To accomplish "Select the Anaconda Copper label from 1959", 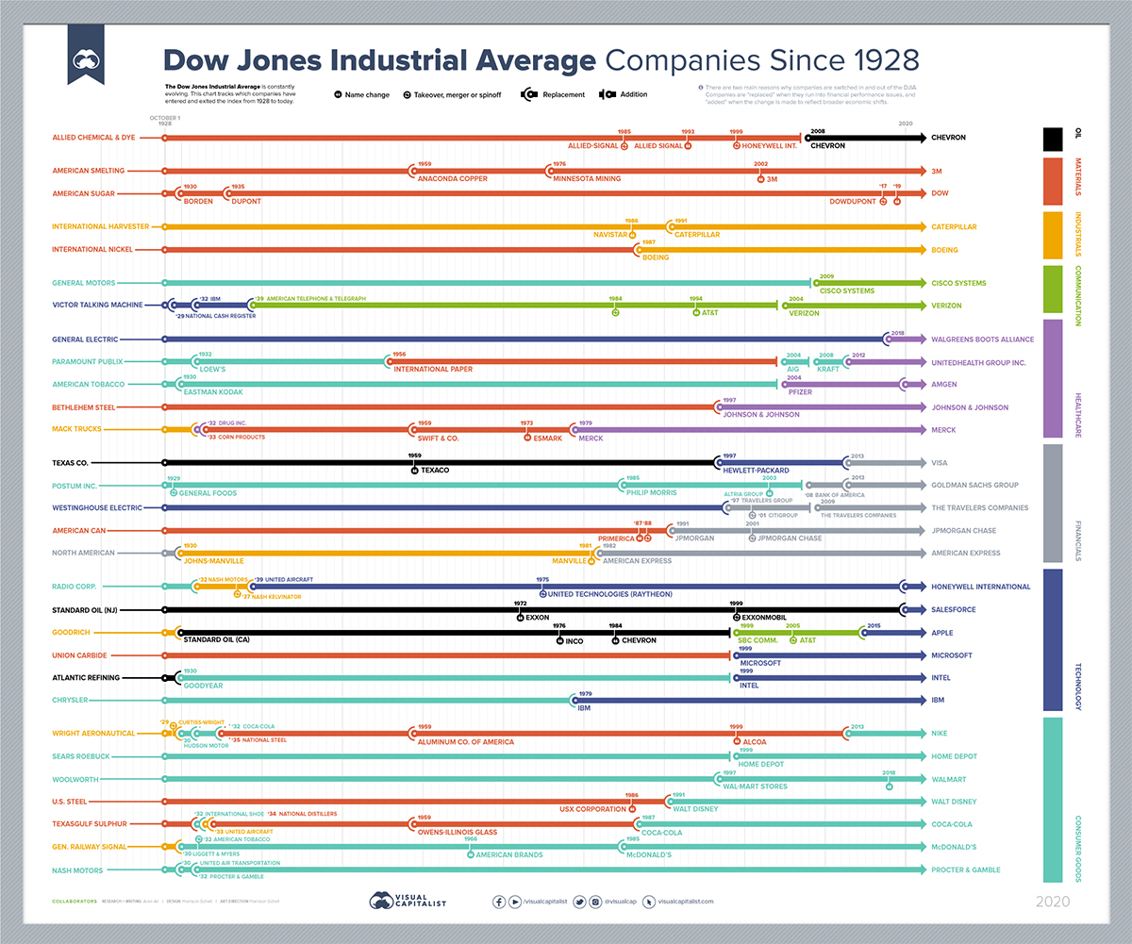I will (x=453, y=178).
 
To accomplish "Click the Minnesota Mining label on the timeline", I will (x=586, y=178).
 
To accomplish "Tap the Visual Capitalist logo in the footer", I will (x=408, y=901).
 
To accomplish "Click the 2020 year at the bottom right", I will (x=1053, y=902).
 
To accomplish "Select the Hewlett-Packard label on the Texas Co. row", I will (x=757, y=469).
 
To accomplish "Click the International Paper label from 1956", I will (x=433, y=369).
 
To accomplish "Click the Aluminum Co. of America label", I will (x=466, y=742).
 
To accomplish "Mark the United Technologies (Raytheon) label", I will (x=611, y=594).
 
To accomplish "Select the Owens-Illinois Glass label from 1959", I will (x=458, y=832).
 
